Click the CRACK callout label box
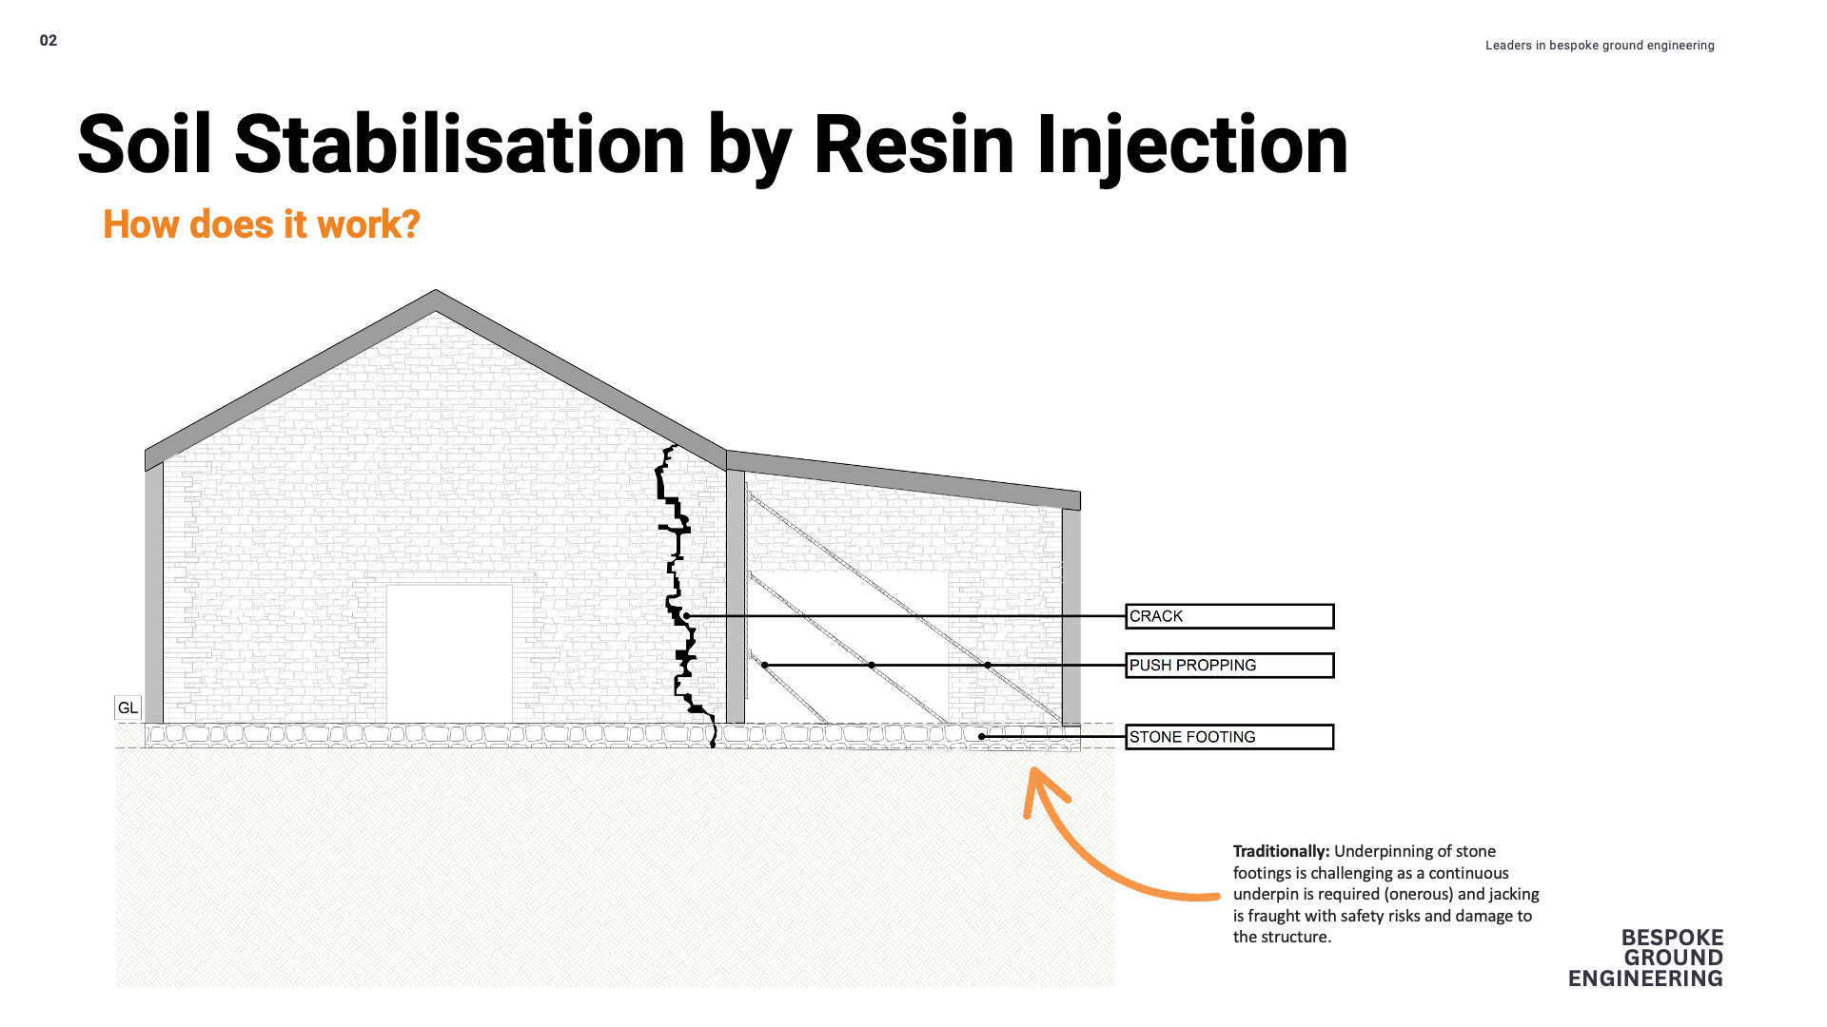click(x=1228, y=616)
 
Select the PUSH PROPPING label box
click(x=1228, y=666)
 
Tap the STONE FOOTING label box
click(x=1228, y=737)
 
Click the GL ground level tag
click(x=128, y=708)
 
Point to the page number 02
click(x=49, y=41)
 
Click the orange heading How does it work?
click(x=262, y=225)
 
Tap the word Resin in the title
click(x=913, y=145)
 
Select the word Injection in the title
click(x=1191, y=145)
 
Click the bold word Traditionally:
click(x=1281, y=852)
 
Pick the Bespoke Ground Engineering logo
click(x=1646, y=959)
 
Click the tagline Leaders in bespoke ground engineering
click(x=1600, y=46)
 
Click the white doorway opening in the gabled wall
click(x=449, y=653)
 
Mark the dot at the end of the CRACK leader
click(x=686, y=616)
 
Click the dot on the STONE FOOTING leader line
click(x=982, y=737)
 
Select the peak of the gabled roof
click(x=436, y=295)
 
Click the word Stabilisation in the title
click(x=460, y=145)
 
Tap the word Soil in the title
click(x=145, y=145)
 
